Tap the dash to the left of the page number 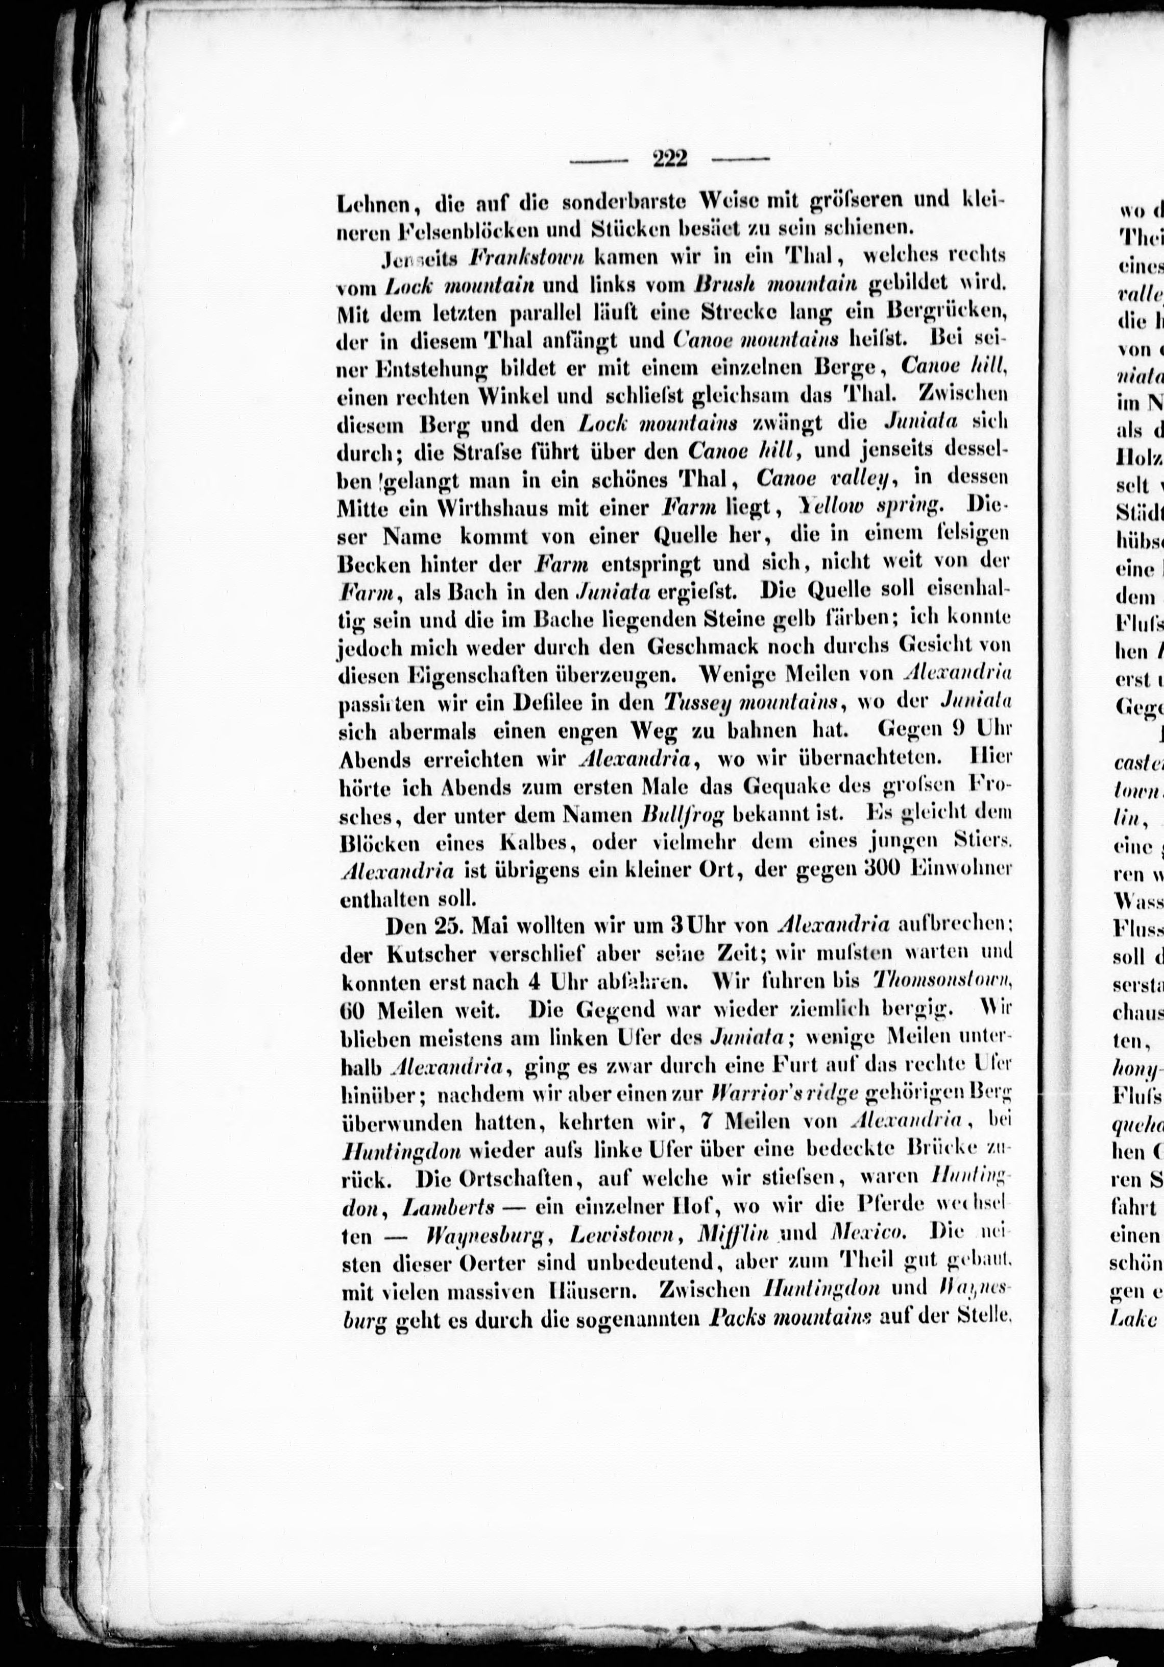tap(599, 160)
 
